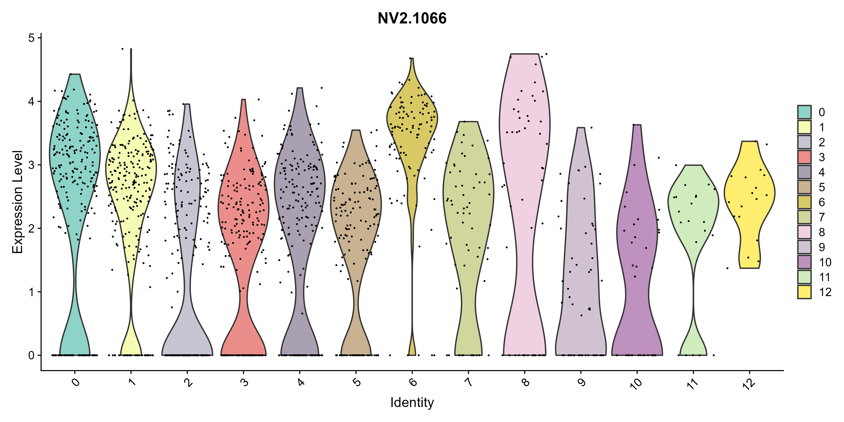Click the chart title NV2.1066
(412, 18)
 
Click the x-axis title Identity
(412, 402)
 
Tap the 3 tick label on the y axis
(31, 165)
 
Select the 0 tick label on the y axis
(31, 355)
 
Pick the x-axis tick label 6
(413, 382)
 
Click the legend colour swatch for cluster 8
(804, 232)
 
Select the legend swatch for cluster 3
(804, 157)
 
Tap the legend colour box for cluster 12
(804, 292)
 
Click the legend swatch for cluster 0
(804, 112)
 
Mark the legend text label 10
(825, 262)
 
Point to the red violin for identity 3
(243, 210)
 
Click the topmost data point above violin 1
(122, 49)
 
